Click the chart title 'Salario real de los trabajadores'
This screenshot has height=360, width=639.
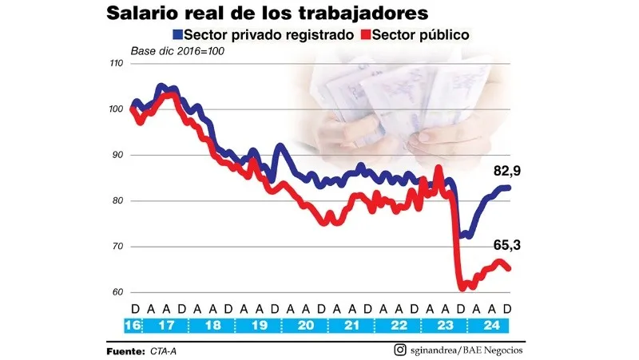click(268, 13)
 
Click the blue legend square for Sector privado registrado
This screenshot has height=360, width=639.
click(177, 35)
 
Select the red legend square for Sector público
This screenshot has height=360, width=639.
click(367, 35)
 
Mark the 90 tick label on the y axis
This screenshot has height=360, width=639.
click(117, 156)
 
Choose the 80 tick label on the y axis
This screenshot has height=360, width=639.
click(117, 201)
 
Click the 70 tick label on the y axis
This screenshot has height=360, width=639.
click(117, 247)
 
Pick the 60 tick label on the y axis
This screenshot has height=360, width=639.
click(117, 293)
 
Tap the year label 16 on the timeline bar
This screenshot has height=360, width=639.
click(133, 326)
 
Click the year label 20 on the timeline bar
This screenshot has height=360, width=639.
click(304, 326)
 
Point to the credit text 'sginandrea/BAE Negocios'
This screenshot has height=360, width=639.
click(466, 350)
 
